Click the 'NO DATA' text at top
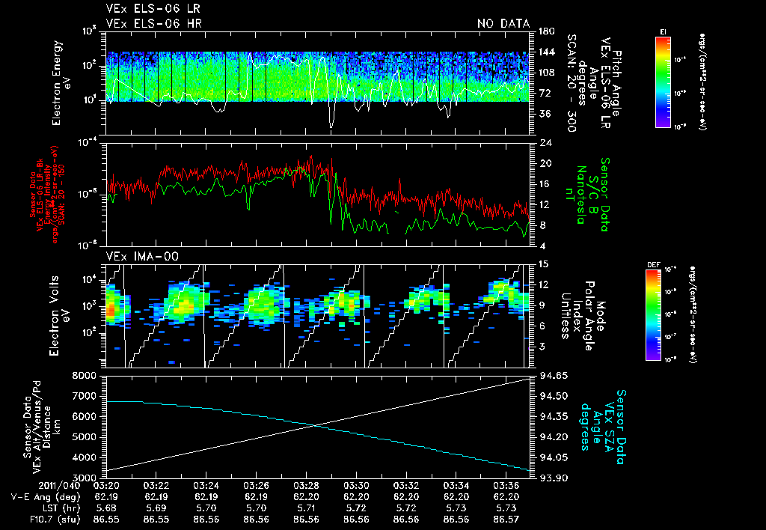(503, 24)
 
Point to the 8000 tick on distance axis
(89, 375)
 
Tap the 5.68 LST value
(106, 507)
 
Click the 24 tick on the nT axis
(540, 143)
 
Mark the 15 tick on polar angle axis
(540, 263)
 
